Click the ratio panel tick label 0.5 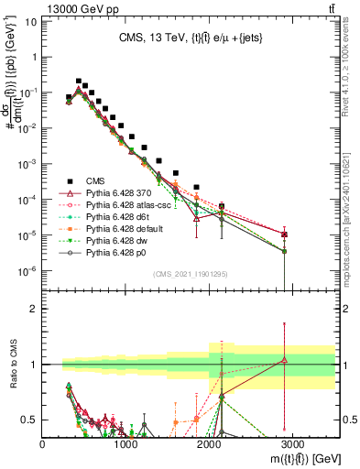[x=29, y=420]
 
